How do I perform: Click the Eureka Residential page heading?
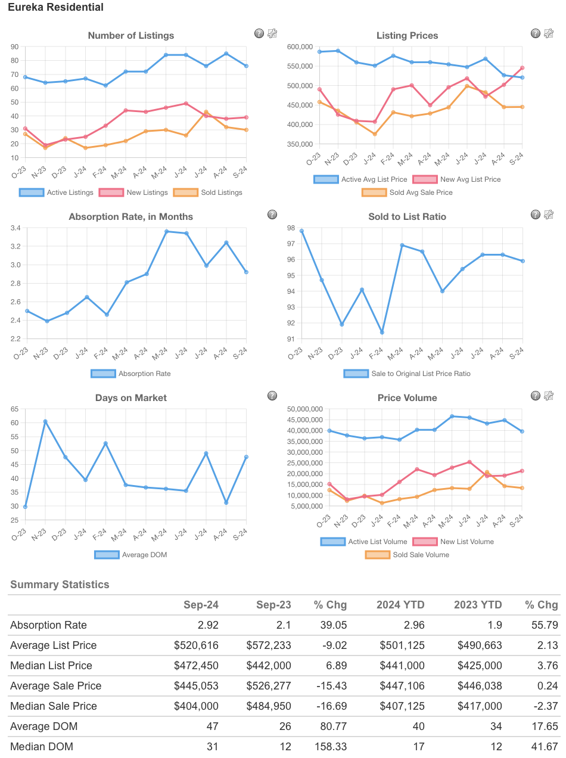pos(55,8)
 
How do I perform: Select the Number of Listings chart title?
pos(131,36)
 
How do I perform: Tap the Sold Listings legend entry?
pos(208,192)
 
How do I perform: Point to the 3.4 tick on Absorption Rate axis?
pos(15,228)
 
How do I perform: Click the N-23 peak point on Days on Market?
pos(45,421)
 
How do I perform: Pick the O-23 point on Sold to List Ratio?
pos(301,231)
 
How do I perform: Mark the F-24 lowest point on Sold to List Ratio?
pos(382,333)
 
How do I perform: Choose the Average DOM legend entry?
pos(131,555)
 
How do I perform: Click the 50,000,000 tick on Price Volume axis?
pos(304,409)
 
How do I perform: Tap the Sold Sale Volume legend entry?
pos(408,555)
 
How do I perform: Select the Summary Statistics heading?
pos(60,585)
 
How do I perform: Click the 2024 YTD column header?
pos(400,605)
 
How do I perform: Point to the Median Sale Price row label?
pos(54,706)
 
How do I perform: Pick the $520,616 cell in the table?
pos(196,645)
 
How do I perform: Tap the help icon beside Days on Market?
pos(272,396)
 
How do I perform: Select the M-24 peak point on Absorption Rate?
pos(166,231)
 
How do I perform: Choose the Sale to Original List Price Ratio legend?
pos(408,374)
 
